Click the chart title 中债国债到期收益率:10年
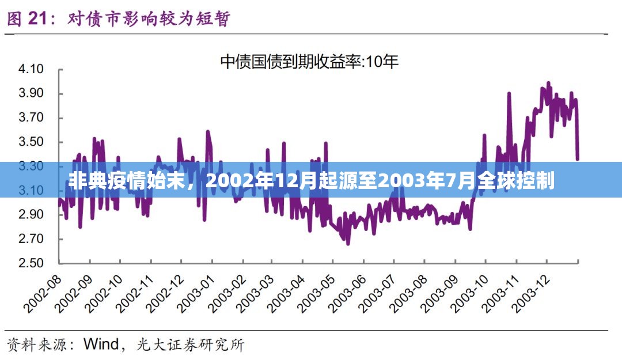pyautogui.click(x=310, y=62)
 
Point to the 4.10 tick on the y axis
pyautogui.click(x=32, y=69)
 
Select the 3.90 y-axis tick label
pyautogui.click(x=32, y=93)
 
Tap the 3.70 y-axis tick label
pyautogui.click(x=32, y=118)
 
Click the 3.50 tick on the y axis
pyautogui.click(x=32, y=142)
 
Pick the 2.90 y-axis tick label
pyautogui.click(x=32, y=214)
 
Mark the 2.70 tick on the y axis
pyautogui.click(x=32, y=238)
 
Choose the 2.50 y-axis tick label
pyautogui.click(x=32, y=263)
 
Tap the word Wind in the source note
pyautogui.click(x=100, y=344)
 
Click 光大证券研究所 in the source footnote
pyautogui.click(x=190, y=344)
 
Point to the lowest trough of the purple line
pyautogui.click(x=348, y=244)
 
